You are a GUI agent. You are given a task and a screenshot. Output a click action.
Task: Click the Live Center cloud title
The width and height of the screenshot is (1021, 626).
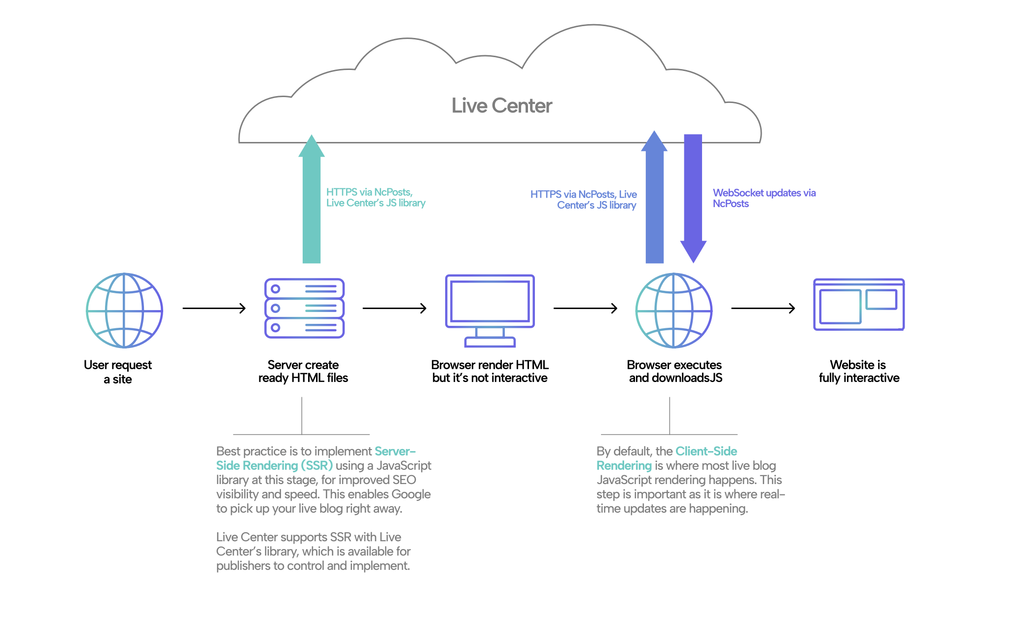click(x=502, y=105)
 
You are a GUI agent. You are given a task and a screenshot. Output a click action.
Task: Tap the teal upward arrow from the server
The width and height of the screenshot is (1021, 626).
click(x=312, y=199)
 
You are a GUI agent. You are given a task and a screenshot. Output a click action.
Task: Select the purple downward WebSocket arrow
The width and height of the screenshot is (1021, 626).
click(x=693, y=199)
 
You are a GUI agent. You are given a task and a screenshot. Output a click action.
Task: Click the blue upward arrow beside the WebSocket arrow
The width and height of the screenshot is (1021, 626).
click(x=654, y=197)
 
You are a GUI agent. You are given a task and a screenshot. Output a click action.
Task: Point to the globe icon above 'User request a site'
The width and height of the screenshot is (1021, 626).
click(x=124, y=311)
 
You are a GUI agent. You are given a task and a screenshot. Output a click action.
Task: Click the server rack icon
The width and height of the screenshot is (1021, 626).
click(x=304, y=308)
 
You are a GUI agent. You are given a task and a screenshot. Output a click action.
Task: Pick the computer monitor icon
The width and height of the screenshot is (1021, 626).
click(x=490, y=311)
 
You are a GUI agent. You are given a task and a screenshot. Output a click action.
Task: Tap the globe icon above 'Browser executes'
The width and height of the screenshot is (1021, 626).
click(x=674, y=311)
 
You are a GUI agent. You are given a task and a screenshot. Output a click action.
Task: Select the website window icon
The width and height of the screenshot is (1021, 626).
click(x=859, y=305)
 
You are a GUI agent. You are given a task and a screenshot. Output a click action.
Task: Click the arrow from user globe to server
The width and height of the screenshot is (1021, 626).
click(x=214, y=309)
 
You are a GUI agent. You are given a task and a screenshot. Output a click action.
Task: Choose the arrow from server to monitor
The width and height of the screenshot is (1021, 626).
click(x=394, y=309)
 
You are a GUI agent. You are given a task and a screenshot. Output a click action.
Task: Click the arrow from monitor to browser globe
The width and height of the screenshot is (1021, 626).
click(x=586, y=309)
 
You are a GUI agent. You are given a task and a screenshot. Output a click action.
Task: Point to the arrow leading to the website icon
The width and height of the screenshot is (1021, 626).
click(x=763, y=309)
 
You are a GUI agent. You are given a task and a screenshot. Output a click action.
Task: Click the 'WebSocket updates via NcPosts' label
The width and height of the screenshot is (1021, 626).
click(x=764, y=198)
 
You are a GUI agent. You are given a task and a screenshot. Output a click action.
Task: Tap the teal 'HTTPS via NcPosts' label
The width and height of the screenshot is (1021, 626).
click(x=376, y=198)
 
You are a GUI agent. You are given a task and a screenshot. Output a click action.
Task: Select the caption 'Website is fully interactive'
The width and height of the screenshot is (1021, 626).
click(x=859, y=371)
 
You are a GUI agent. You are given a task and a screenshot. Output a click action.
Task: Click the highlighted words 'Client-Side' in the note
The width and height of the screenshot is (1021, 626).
click(x=706, y=451)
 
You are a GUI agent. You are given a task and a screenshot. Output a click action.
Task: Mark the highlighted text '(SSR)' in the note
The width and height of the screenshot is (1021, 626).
click(x=317, y=465)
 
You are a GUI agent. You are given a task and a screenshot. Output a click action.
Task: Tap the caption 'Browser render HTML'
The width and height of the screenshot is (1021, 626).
click(x=490, y=365)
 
